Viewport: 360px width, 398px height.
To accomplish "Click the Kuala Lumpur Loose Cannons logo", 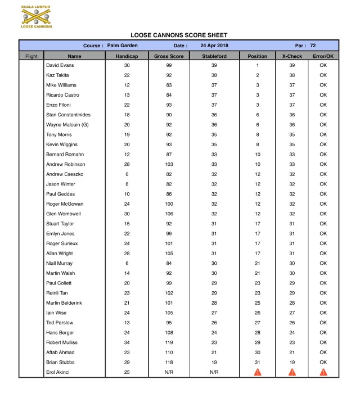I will point(37,17).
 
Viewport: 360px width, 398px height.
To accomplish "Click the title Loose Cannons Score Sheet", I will point(179,35).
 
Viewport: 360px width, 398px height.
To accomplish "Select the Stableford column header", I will point(213,56).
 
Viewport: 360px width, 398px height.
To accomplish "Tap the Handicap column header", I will point(127,56).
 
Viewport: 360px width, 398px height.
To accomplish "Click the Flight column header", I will point(31,56).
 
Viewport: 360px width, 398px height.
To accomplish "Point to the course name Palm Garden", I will point(123,45).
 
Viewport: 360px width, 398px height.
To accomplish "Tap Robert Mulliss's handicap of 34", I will point(127,342).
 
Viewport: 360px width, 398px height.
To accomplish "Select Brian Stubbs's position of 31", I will point(258,362).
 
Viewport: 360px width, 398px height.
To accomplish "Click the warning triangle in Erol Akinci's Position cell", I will point(258,372).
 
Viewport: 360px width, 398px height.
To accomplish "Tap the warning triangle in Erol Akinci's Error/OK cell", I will point(323,372).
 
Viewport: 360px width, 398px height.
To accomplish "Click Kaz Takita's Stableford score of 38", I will point(214,75).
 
